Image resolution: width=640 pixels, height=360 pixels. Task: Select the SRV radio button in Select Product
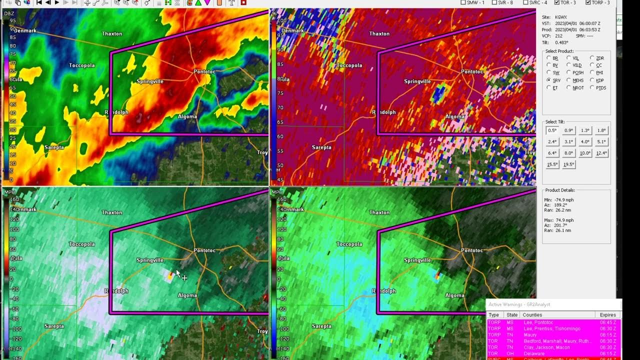pyautogui.click(x=549, y=80)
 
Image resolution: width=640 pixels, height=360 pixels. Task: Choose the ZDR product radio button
pyautogui.click(x=592, y=58)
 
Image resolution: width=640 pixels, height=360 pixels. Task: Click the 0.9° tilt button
pyautogui.click(x=568, y=130)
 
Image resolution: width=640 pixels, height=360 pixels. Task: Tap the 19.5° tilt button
pyautogui.click(x=568, y=164)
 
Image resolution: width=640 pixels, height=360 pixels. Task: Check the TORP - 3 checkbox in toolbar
pyautogui.click(x=587, y=2)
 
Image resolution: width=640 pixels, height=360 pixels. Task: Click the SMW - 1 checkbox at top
pyautogui.click(x=463, y=2)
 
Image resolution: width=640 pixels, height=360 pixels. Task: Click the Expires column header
pyautogui.click(x=607, y=315)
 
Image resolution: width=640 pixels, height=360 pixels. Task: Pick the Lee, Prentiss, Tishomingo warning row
pyautogui.click(x=552, y=328)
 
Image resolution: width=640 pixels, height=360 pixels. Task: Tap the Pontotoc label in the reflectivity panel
pyautogui.click(x=204, y=72)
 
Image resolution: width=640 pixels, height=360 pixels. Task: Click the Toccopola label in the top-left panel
pyautogui.click(x=81, y=65)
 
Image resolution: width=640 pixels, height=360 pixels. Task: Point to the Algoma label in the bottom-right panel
pyautogui.click(x=454, y=295)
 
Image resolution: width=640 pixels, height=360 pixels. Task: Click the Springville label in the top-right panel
pyautogui.click(x=417, y=81)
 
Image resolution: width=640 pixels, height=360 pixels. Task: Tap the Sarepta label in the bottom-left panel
pyautogui.click(x=54, y=326)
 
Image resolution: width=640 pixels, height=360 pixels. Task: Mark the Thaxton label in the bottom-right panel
pyautogui.click(x=379, y=212)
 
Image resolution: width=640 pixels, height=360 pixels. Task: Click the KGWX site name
pyautogui.click(x=562, y=17)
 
